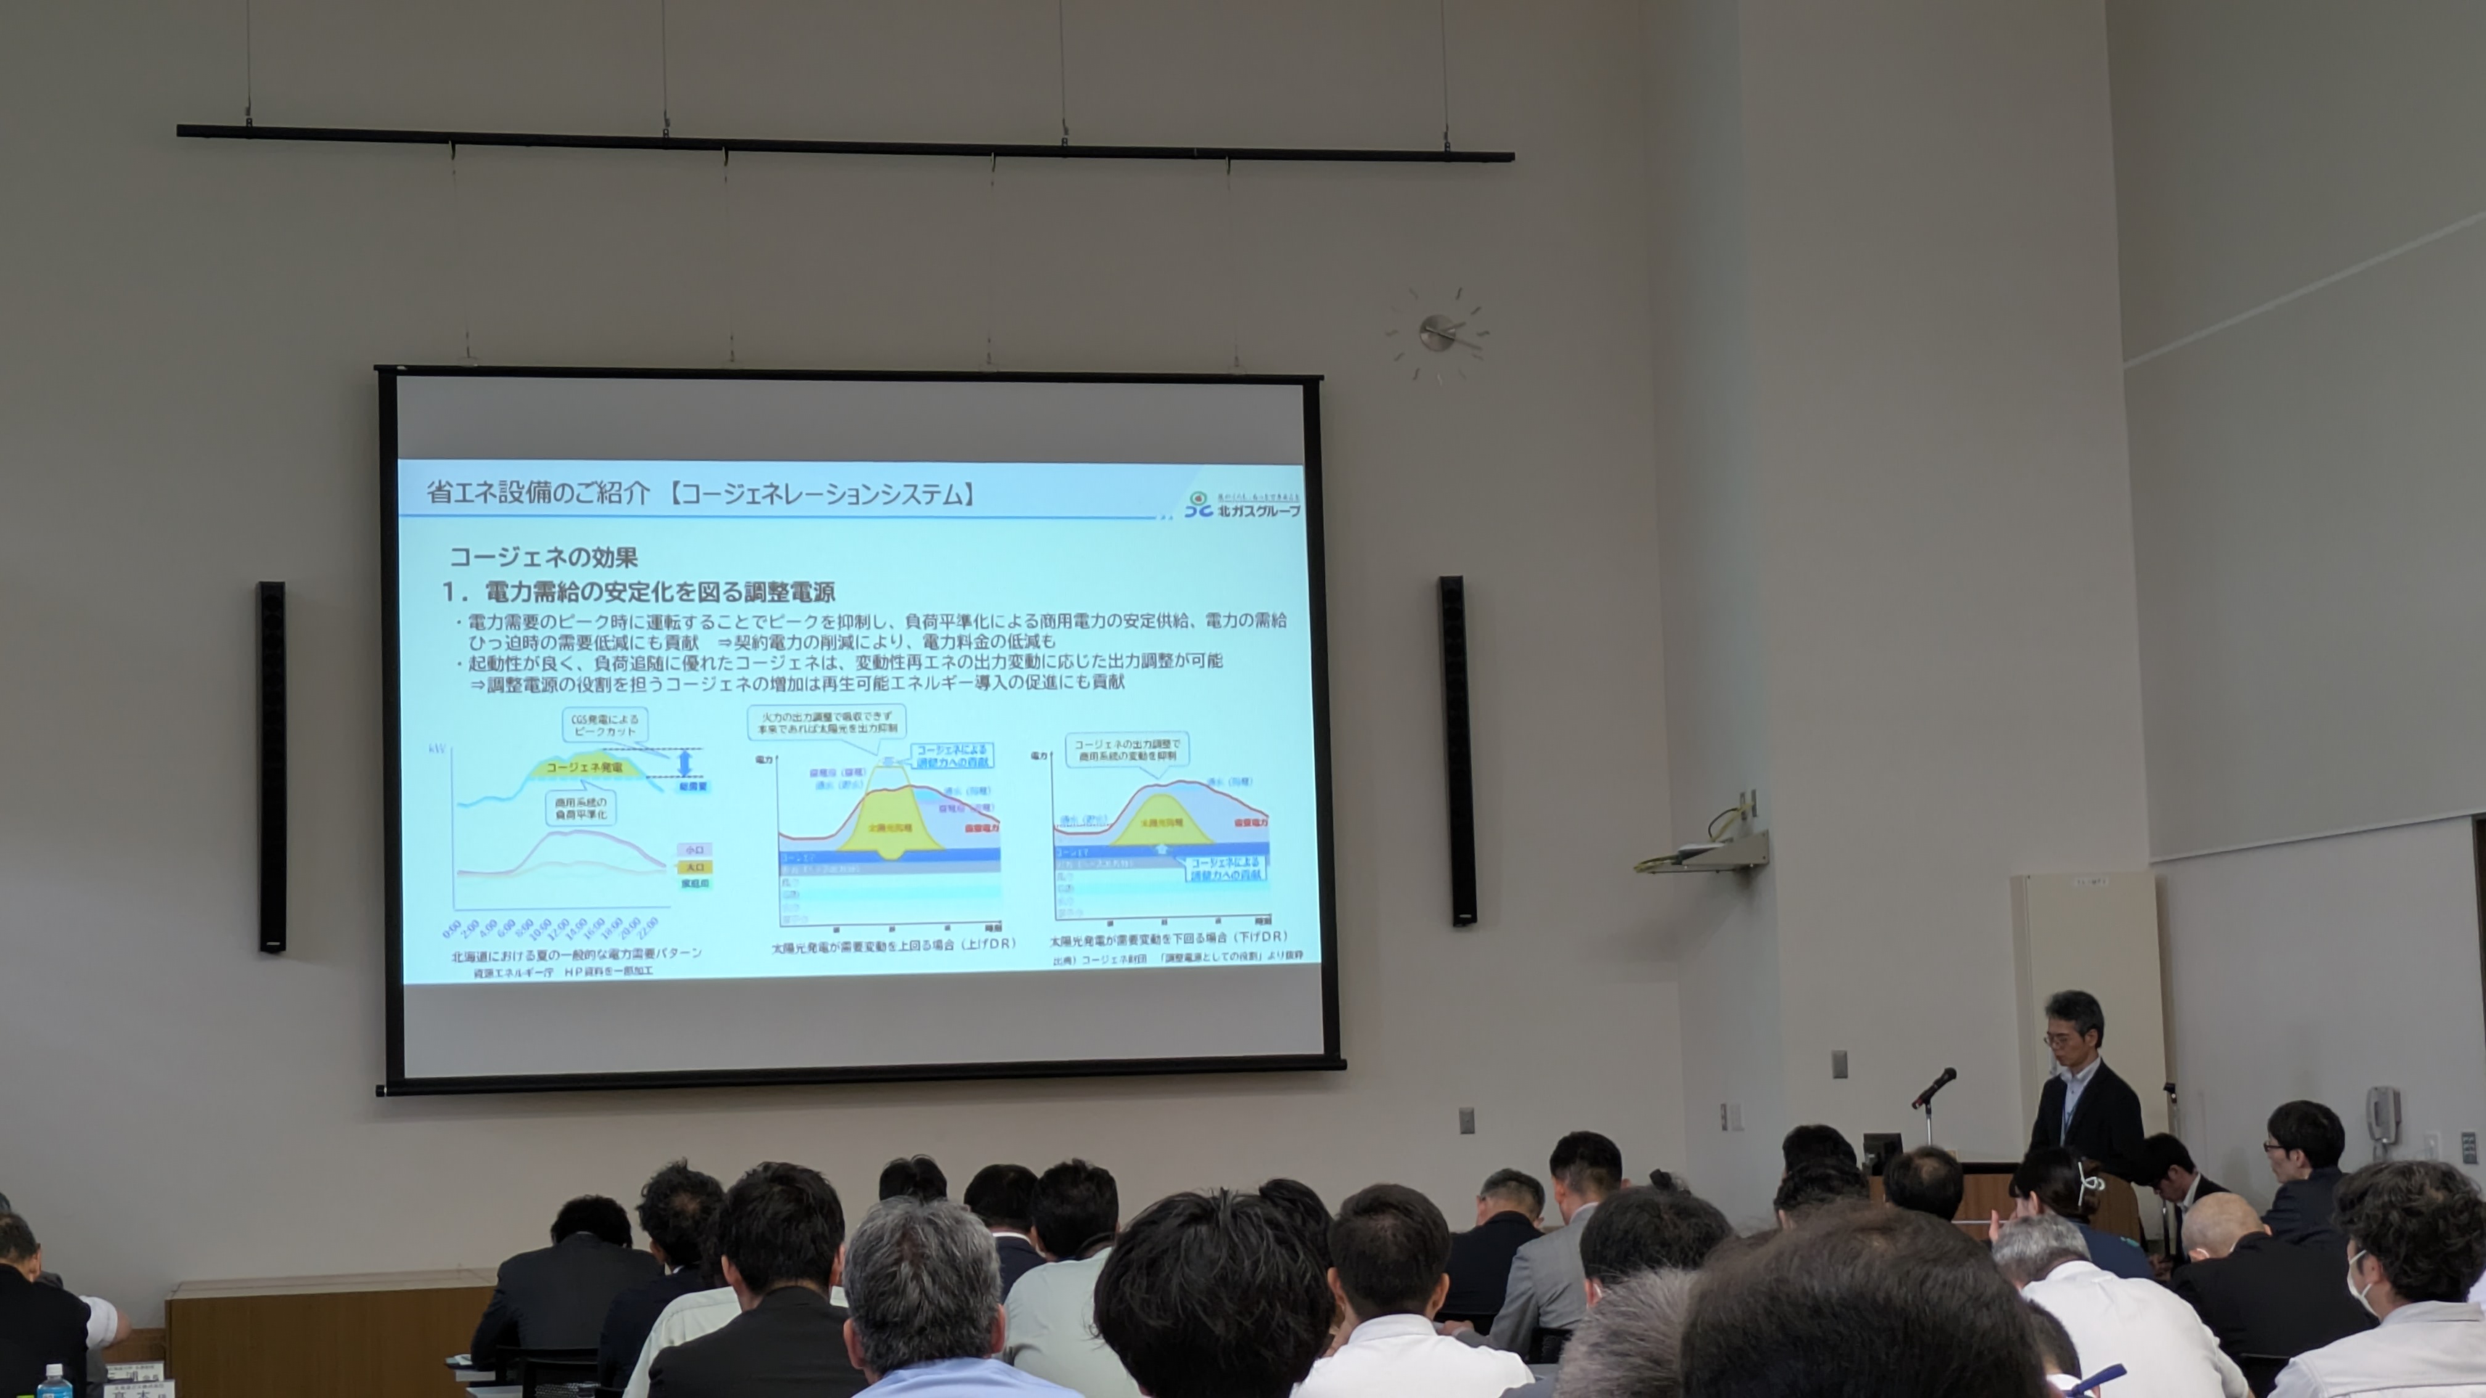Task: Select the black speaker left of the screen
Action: pos(271,766)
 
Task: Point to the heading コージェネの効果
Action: pos(543,557)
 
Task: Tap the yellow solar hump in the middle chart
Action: pos(888,820)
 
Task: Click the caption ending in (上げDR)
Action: pos(893,944)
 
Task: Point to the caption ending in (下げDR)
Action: pos(1168,937)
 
